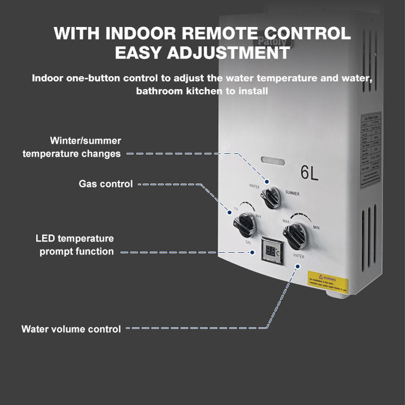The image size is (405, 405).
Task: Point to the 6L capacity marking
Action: pos(309,173)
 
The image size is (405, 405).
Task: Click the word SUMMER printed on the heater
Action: pos(292,193)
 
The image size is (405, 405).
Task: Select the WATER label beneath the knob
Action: pos(299,255)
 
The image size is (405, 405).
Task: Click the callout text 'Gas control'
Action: pos(105,184)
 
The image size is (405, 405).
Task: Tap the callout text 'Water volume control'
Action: pos(71,329)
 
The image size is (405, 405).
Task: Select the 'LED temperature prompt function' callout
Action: pos(76,245)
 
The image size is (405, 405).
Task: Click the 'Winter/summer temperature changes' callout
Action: pos(71,147)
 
